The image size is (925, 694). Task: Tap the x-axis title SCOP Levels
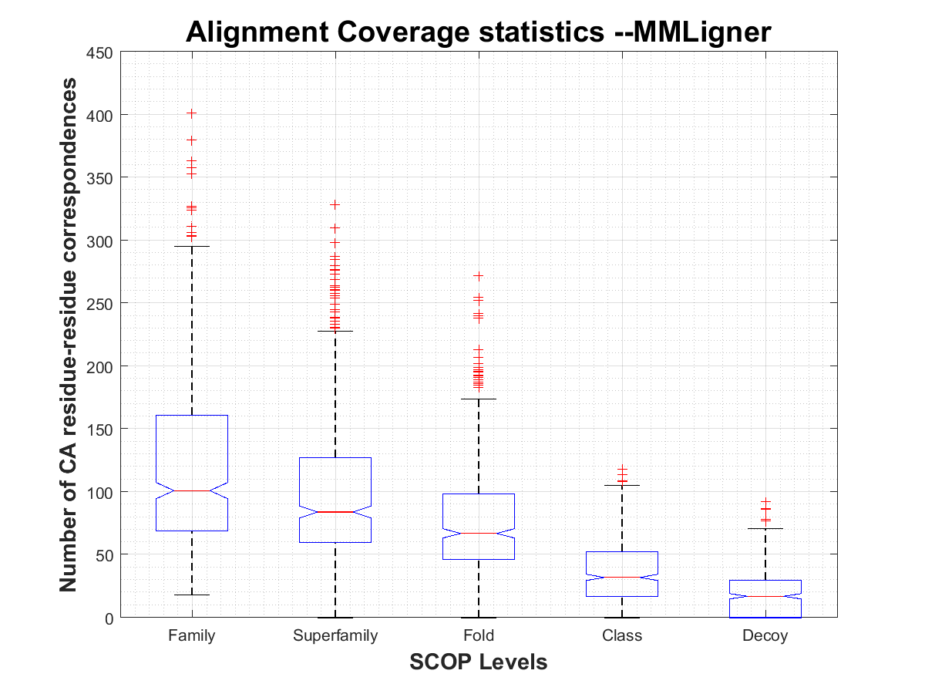coord(478,662)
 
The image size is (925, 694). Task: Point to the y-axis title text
coord(69,335)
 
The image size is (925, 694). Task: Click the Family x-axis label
coord(192,636)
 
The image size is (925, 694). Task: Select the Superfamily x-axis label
coord(335,636)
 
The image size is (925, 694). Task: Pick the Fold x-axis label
coord(479,636)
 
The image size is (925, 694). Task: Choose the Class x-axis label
coord(622,636)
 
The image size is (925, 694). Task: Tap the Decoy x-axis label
coord(765,636)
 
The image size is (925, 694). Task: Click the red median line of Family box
coord(192,490)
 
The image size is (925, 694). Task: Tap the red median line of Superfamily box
coord(335,512)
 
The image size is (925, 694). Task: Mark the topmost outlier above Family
coord(192,113)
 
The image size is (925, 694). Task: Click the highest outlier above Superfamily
coord(335,204)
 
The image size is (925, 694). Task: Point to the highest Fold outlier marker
coord(479,275)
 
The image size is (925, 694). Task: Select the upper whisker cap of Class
coord(622,485)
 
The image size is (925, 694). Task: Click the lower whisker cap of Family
coord(192,595)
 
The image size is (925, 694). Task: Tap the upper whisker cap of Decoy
coord(765,528)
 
